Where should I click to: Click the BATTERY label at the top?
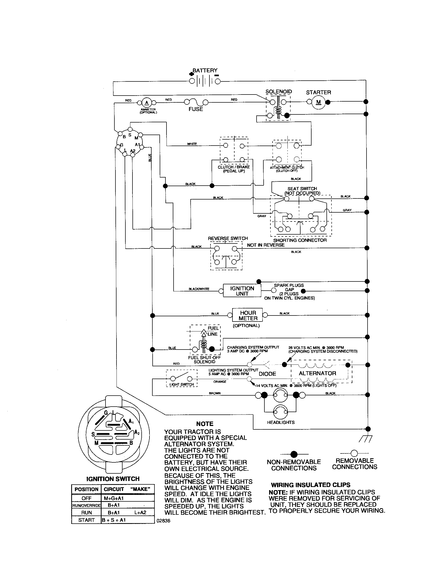(205, 70)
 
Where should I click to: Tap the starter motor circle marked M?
(319, 102)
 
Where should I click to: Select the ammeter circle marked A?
(147, 103)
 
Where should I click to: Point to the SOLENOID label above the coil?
(279, 92)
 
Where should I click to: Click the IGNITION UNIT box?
(242, 291)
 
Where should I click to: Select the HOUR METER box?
(248, 315)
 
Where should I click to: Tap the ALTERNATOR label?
(317, 373)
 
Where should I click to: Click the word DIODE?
(267, 374)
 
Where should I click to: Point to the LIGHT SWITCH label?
(181, 385)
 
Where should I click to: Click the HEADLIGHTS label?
(281, 422)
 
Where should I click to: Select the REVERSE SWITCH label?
(228, 239)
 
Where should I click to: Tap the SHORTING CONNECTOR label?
(300, 240)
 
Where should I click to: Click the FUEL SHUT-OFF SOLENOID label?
(204, 360)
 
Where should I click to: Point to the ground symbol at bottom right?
(366, 438)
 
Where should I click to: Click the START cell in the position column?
(86, 520)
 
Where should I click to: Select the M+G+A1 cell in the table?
(114, 498)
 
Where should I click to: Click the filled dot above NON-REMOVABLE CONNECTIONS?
(294, 454)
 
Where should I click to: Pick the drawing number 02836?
(163, 521)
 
